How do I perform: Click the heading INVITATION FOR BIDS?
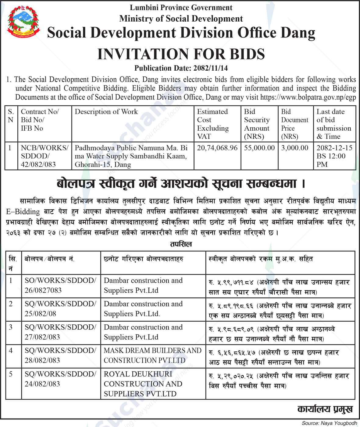pyautogui.click(x=181, y=54)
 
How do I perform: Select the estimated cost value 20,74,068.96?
pyautogui.click(x=217, y=148)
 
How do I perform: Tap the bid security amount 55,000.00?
pyautogui.click(x=259, y=148)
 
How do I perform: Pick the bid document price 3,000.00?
pyautogui.click(x=294, y=148)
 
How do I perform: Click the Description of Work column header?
pyautogui.click(x=106, y=112)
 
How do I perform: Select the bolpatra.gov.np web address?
pyautogui.click(x=308, y=97)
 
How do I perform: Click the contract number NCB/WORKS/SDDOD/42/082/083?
pyautogui.click(x=45, y=156)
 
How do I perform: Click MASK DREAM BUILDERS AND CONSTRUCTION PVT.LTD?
pyautogui.click(x=152, y=355)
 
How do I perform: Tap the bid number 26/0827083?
pyautogui.click(x=43, y=290)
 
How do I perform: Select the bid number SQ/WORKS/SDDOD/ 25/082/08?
pyautogui.click(x=60, y=309)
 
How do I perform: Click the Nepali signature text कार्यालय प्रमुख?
pyautogui.click(x=325, y=409)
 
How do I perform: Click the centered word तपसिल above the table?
pyautogui.click(x=181, y=244)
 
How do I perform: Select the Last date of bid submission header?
pyautogui.click(x=333, y=124)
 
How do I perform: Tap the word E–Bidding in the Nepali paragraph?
pyautogui.click(x=23, y=212)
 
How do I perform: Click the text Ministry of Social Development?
pyautogui.click(x=181, y=19)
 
